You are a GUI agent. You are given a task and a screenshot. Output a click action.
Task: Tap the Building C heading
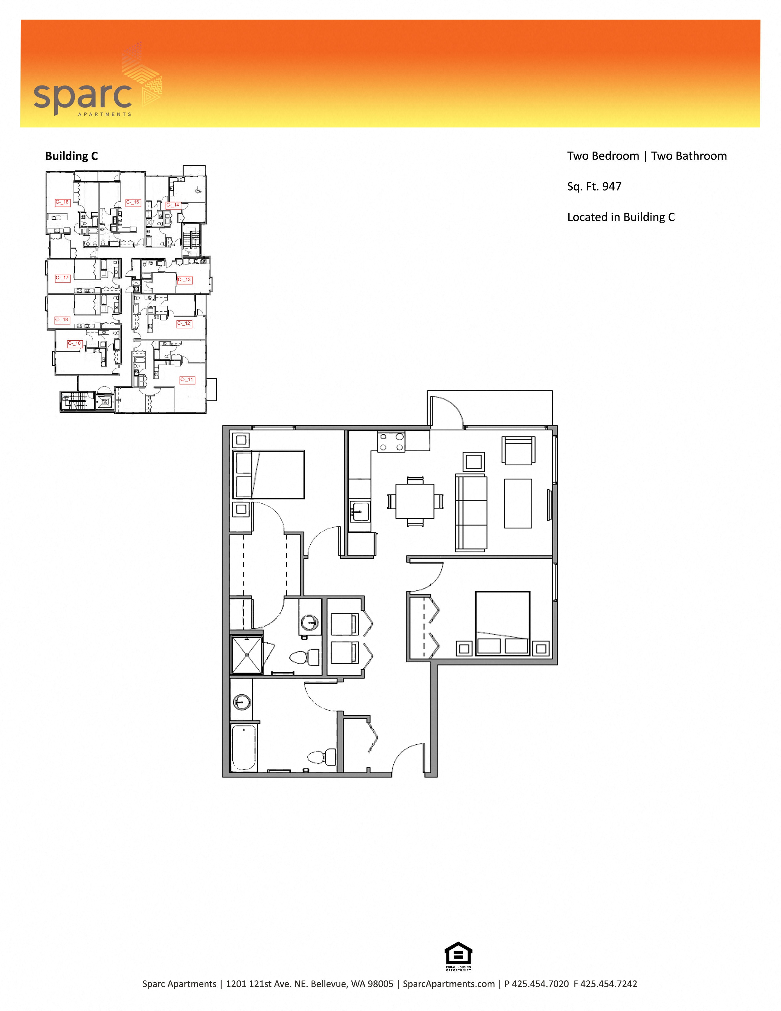coord(71,156)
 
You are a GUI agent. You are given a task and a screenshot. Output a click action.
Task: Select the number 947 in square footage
coord(612,187)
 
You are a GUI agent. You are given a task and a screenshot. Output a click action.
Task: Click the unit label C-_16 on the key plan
coord(62,202)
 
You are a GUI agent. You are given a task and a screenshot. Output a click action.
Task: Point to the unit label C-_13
coord(184,280)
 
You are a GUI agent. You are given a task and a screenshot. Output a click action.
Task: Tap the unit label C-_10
coord(74,343)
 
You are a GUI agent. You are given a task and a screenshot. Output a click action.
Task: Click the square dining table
coord(415,501)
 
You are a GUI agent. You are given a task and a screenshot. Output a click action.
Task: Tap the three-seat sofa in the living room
coord(471,513)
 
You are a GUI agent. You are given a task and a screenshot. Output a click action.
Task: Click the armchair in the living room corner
coord(518,450)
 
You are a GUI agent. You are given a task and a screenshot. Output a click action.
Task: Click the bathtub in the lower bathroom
coord(244,748)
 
